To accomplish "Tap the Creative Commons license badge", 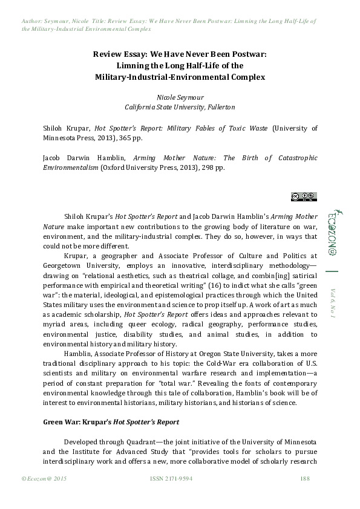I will pos(303,196).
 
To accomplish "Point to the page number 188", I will pos(305,479).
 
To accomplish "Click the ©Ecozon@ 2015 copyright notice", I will pos(44,479).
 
